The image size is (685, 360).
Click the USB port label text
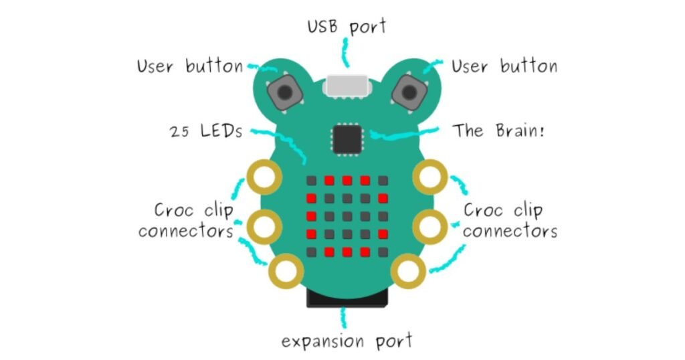347,27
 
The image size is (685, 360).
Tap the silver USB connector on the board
347,86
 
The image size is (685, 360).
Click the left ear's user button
285,92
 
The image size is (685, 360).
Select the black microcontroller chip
347,139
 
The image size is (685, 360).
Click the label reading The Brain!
498,130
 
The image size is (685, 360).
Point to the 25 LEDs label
206,130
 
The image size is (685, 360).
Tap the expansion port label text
347,341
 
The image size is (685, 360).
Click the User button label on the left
190,66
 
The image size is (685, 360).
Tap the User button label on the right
504,66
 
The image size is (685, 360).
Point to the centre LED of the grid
347,216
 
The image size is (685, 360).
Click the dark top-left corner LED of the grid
312,181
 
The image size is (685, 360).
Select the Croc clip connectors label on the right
510,221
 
